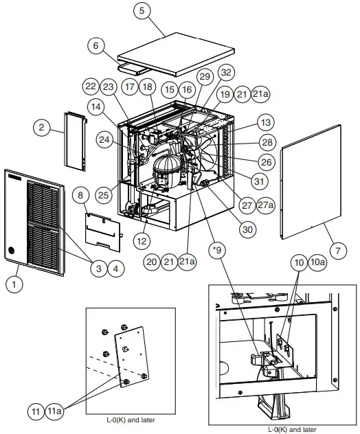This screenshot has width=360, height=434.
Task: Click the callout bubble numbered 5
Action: click(x=142, y=12)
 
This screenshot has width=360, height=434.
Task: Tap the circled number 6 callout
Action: click(x=96, y=45)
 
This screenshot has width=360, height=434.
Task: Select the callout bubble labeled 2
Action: click(x=41, y=127)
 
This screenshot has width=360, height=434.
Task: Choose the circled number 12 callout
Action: click(x=142, y=240)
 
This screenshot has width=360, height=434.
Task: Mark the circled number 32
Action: click(x=225, y=72)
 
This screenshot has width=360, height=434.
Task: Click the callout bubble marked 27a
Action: click(x=265, y=205)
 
